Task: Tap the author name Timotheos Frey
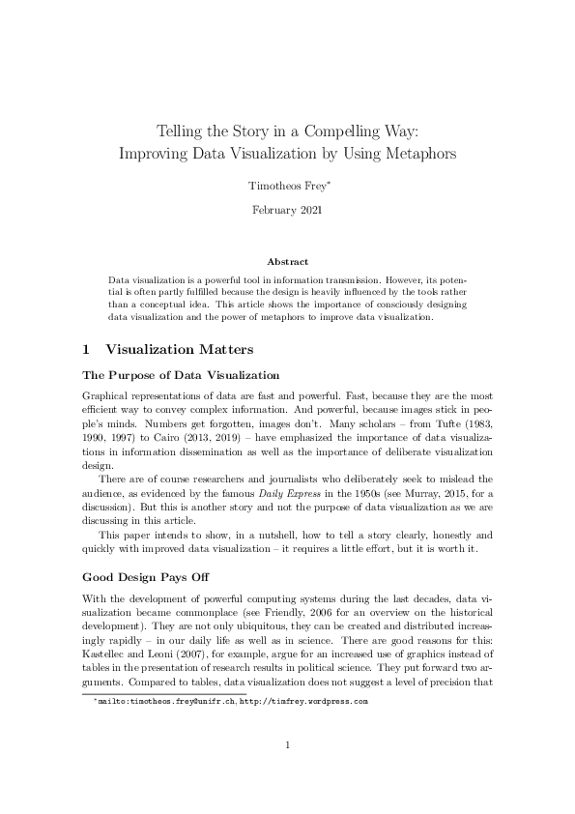click(285, 184)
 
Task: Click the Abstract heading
click(288, 262)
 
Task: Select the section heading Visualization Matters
click(179, 350)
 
